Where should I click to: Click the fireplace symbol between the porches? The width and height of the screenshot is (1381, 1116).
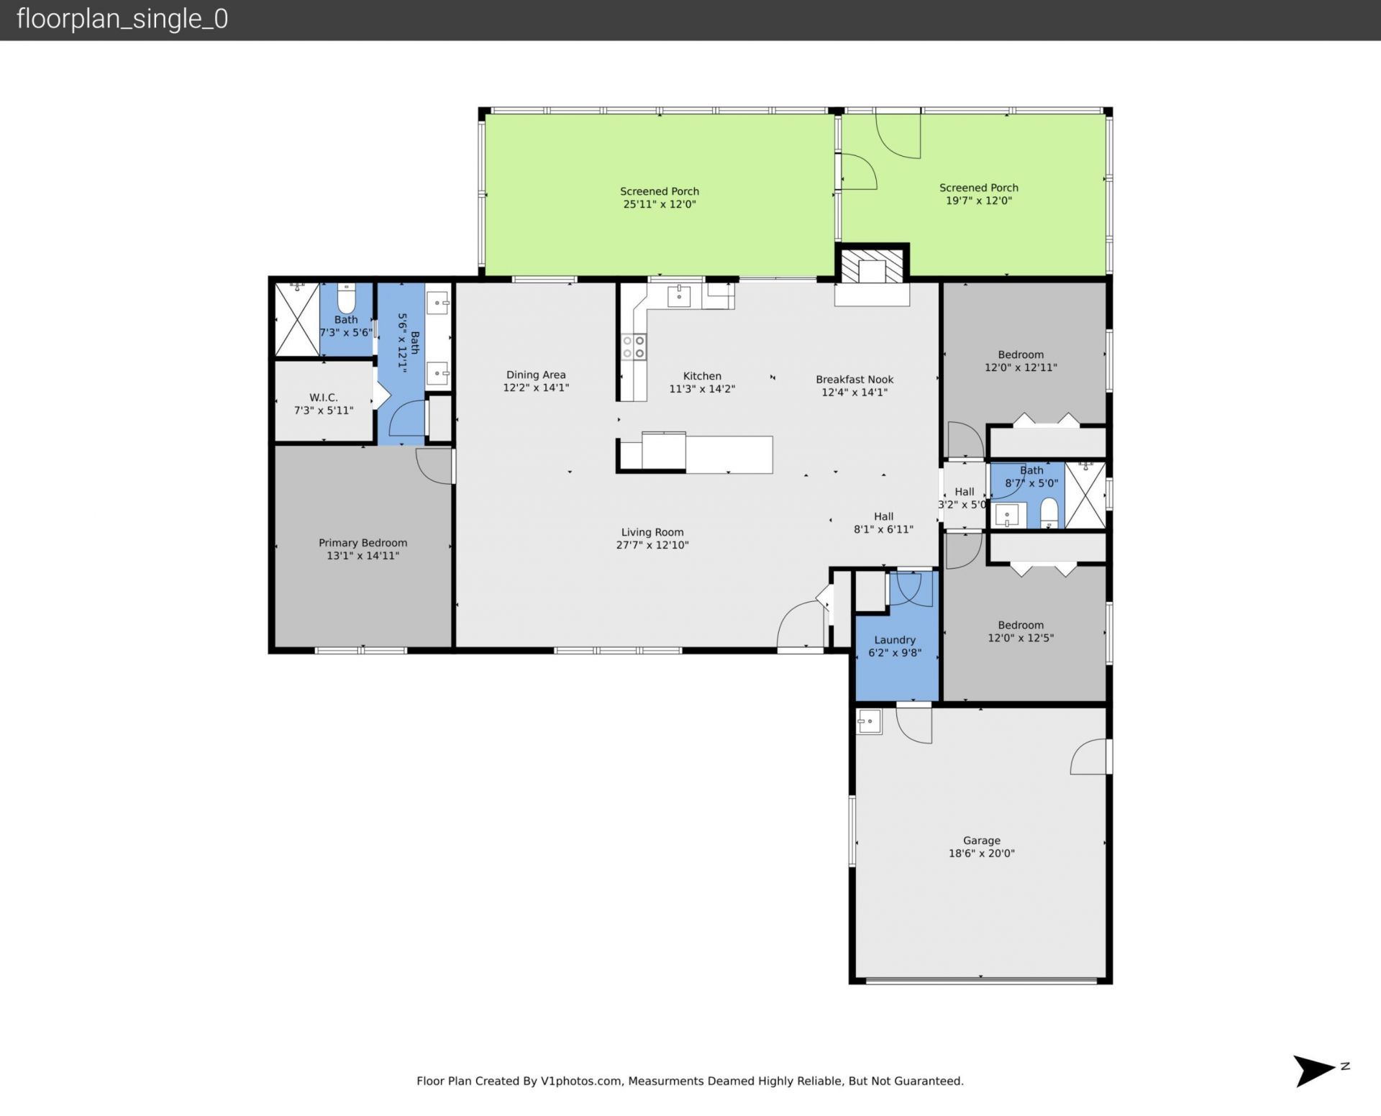coord(872,266)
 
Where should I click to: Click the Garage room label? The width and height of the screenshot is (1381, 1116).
coord(981,840)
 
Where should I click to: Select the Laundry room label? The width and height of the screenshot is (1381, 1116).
coord(894,640)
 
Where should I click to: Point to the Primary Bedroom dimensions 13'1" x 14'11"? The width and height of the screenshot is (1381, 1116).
coord(363,555)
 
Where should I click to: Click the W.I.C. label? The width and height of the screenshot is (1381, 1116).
coord(323,397)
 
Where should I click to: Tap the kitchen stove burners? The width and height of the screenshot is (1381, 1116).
coord(634,347)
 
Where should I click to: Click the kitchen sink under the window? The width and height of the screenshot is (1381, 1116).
coord(679,295)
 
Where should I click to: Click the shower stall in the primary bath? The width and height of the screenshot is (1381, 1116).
coord(296,319)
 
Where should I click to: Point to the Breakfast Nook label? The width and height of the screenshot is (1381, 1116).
coord(854,379)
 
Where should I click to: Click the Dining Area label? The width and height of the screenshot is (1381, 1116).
coord(535,375)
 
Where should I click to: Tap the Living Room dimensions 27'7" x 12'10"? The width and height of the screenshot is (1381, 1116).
coord(652,545)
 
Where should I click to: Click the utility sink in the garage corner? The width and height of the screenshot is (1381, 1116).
coord(869,721)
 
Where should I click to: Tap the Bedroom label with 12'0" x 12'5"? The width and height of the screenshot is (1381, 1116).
coord(1020,625)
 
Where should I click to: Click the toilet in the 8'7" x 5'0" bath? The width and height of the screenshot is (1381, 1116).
coord(1049,511)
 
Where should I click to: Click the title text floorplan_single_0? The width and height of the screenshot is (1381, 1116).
coord(122,19)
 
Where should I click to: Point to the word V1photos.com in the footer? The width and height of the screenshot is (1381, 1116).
coord(580,1081)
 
